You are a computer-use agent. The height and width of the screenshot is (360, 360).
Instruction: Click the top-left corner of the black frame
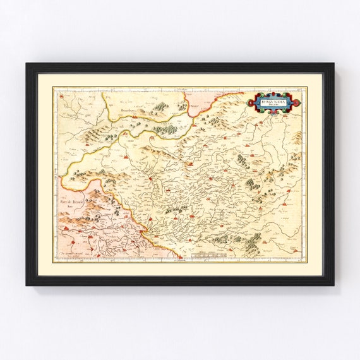tap(27, 63)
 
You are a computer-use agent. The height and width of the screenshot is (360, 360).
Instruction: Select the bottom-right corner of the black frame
tap(333, 285)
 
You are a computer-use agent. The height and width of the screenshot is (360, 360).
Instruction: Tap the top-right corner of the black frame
tap(333, 63)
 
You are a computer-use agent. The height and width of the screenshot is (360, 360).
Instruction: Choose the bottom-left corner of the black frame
tap(27, 285)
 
